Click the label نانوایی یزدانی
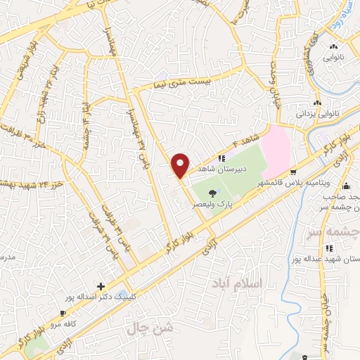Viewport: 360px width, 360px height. pos(316,112)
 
